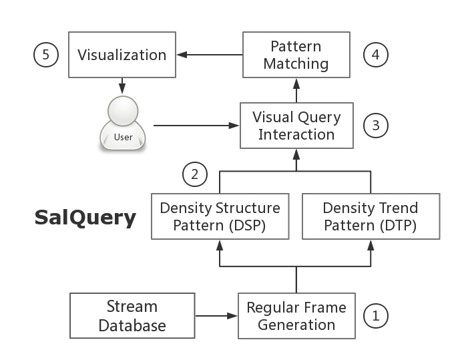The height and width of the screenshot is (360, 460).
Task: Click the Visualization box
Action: [x=122, y=55]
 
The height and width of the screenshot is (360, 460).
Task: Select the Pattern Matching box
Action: [x=296, y=55]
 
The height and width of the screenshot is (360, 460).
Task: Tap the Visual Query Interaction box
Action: [x=296, y=126]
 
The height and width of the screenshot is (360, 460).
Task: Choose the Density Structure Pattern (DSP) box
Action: [x=220, y=216]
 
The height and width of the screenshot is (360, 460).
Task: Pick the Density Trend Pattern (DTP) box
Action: [x=371, y=216]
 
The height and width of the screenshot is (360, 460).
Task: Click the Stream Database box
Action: [x=132, y=315]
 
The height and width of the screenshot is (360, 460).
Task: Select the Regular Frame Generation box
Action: [x=296, y=316]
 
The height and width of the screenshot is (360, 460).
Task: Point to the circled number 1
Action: [x=375, y=315]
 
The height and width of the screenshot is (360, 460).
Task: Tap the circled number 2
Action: [x=195, y=175]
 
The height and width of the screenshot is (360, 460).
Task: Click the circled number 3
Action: [x=375, y=125]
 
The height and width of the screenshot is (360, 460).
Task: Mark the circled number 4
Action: [x=376, y=54]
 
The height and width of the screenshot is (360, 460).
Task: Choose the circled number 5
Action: [x=45, y=54]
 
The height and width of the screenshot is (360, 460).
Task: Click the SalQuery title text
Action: [x=85, y=218]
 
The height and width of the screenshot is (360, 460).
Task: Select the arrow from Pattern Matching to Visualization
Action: [x=208, y=55]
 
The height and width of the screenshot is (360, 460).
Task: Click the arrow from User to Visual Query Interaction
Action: [x=197, y=126]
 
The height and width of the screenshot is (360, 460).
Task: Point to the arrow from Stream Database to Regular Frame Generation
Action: [x=217, y=315]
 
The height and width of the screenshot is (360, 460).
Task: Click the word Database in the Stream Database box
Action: [x=132, y=325]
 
